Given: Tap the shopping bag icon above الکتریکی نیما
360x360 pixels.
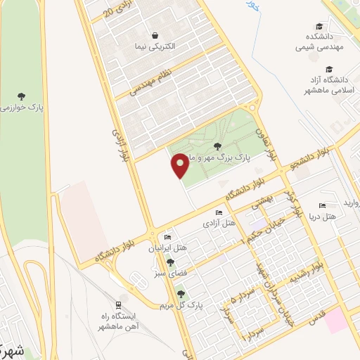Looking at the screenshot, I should click(x=154, y=35).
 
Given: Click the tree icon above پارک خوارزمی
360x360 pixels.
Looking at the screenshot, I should click(x=22, y=94).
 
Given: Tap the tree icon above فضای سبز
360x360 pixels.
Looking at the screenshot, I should click(x=169, y=262).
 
